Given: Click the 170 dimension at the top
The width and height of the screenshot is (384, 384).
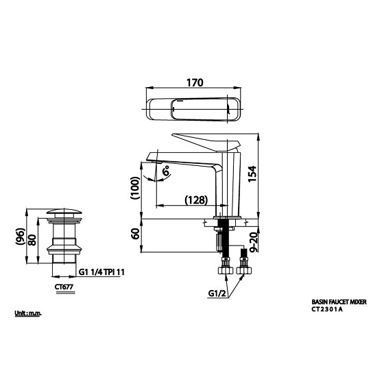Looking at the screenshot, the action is coord(195,83).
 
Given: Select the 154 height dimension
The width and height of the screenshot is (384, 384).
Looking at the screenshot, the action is coord(252,174).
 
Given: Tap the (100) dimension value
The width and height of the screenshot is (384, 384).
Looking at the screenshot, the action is coord(135,188).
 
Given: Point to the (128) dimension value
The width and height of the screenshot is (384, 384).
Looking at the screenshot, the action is coord(196,200).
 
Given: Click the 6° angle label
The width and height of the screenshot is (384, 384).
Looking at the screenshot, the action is coord(166,171).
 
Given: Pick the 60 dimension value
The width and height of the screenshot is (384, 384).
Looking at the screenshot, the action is coord(135,233).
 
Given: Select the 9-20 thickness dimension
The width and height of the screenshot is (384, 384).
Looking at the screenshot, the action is coord(254,242).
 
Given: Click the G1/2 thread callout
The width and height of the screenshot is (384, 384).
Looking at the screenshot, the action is coord(217,293).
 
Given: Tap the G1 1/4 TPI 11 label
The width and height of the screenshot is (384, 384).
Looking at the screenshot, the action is coord(101,272).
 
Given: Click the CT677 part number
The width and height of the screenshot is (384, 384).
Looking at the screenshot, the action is coord(64,287).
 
